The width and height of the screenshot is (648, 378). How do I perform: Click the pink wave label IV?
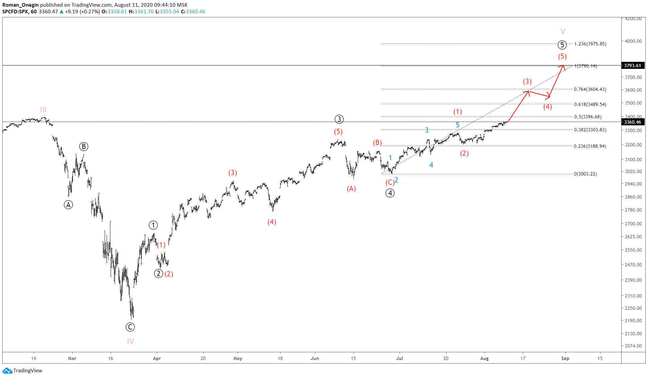click(x=130, y=341)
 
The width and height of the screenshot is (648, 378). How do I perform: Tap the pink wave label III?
click(x=43, y=110)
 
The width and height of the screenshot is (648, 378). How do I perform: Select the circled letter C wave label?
click(x=130, y=327)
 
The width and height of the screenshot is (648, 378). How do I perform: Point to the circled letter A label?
click(x=68, y=205)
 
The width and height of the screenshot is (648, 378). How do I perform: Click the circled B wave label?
click(x=84, y=146)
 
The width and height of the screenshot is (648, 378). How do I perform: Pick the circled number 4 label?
click(x=390, y=193)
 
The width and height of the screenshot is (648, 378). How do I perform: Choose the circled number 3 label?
click(x=339, y=119)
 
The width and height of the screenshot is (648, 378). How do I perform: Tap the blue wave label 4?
click(x=431, y=165)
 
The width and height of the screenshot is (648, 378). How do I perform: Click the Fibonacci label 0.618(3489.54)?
click(x=590, y=104)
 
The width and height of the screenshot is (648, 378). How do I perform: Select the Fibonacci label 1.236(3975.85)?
click(x=590, y=44)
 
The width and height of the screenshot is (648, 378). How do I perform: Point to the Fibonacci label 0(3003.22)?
click(x=585, y=174)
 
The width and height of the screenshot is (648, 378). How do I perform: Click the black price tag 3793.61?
click(x=632, y=66)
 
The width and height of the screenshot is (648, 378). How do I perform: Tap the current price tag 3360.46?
click(x=632, y=122)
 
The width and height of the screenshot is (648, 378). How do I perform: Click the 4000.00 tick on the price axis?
click(x=633, y=41)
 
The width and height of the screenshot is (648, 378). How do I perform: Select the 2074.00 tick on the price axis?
click(x=633, y=346)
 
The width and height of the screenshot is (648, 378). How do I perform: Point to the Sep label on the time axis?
click(x=565, y=358)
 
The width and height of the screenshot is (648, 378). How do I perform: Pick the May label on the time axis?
click(x=238, y=358)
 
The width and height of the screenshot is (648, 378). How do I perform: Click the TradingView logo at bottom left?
click(x=22, y=370)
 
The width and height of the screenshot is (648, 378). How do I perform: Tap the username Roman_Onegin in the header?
click(x=20, y=5)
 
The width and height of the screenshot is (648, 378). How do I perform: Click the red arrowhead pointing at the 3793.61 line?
click(x=563, y=66)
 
